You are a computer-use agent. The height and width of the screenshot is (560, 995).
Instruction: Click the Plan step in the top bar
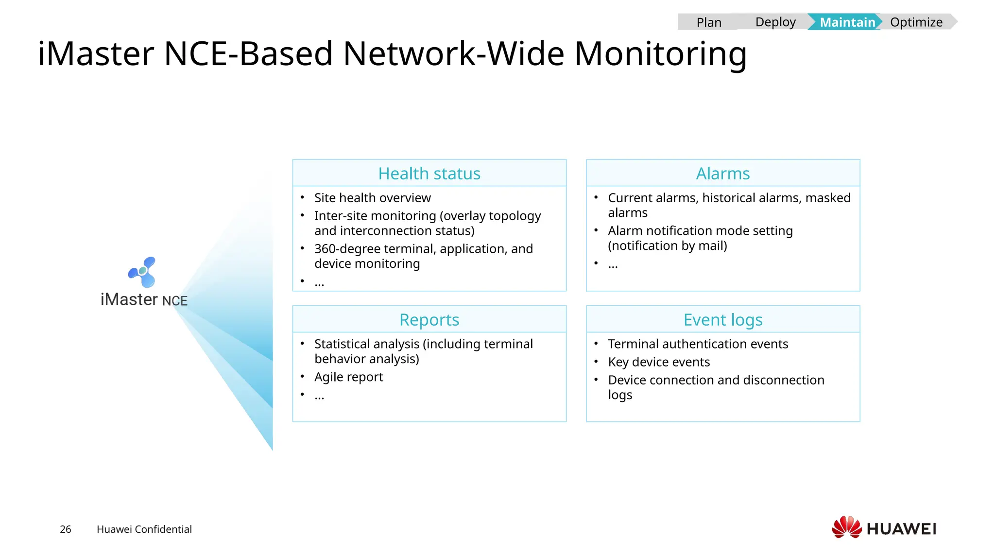(708, 22)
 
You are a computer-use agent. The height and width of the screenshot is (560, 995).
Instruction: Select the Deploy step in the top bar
(775, 22)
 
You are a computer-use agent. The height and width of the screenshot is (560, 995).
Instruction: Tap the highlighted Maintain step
(847, 22)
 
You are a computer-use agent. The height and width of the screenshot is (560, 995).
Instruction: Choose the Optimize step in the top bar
(916, 22)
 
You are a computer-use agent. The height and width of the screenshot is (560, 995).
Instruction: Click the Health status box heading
(429, 174)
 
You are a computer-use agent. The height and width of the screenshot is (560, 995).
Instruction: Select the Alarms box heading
(722, 174)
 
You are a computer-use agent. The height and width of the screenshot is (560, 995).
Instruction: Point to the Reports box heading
(429, 320)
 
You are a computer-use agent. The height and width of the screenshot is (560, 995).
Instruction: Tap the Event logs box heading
(722, 320)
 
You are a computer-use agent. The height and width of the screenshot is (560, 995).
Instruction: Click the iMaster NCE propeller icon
(142, 272)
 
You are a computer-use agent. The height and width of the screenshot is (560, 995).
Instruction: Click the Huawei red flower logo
(846, 527)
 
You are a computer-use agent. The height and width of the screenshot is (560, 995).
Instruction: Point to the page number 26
(66, 529)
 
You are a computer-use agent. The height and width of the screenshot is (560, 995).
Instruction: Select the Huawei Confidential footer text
(144, 529)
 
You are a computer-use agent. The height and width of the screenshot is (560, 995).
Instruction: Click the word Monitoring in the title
(660, 53)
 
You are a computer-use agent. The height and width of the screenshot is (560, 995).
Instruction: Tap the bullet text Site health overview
(372, 198)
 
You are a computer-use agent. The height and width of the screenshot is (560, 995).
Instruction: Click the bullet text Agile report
(348, 377)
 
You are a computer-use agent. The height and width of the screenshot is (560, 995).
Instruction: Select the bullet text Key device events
(658, 362)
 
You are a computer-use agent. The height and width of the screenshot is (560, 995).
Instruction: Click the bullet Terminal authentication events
(698, 344)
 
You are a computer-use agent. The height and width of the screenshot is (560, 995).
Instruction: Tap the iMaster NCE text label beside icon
(144, 300)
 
